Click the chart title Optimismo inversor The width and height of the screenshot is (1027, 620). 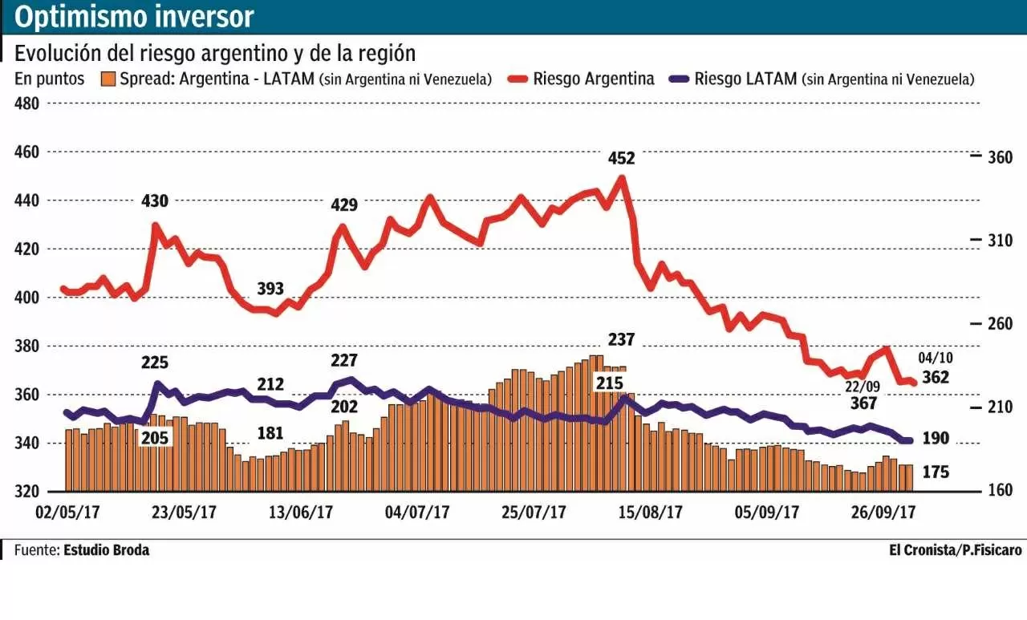[x=134, y=16]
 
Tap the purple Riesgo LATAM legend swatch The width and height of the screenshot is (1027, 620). [x=679, y=79]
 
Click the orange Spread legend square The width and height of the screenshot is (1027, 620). [x=108, y=79]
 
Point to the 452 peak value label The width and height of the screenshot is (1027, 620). [x=620, y=158]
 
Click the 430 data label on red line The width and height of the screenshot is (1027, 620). [x=155, y=201]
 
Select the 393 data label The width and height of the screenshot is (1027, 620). [x=271, y=288]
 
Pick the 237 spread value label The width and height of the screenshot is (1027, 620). [x=620, y=340]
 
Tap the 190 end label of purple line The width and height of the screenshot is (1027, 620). [x=936, y=438]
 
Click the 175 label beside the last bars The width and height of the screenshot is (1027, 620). [x=936, y=472]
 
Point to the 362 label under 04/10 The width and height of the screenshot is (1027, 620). [x=936, y=377]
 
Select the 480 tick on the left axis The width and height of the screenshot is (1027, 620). [x=28, y=103]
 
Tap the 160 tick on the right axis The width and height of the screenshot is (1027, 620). [x=1001, y=490]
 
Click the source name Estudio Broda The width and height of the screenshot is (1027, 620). [x=106, y=550]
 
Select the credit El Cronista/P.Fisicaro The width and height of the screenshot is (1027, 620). [x=955, y=550]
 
